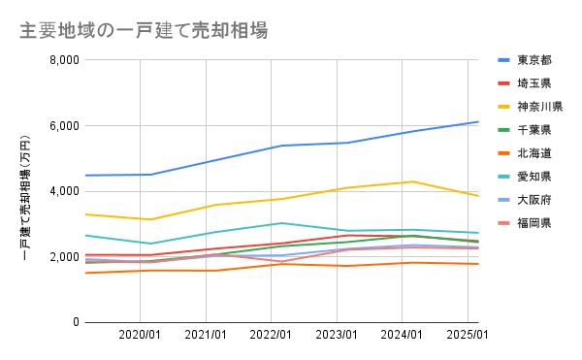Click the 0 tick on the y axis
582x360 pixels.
(x=74, y=322)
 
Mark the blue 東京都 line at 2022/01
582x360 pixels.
(x=279, y=146)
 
